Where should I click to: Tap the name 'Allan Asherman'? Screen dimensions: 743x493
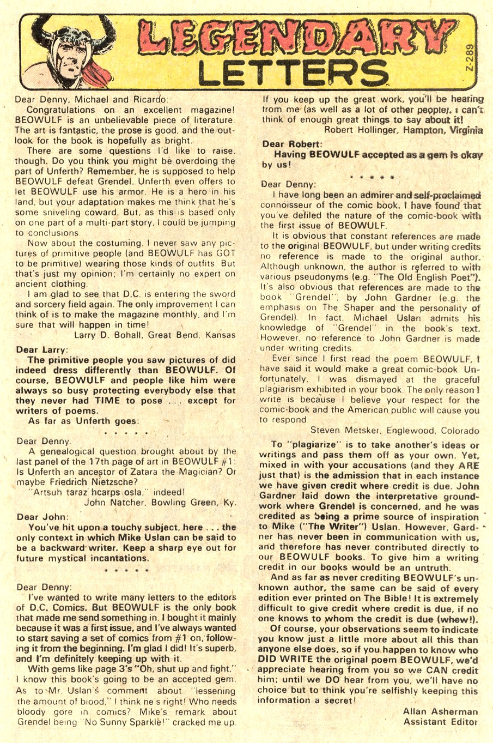(440, 711)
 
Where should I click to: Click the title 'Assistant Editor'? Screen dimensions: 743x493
(440, 721)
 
